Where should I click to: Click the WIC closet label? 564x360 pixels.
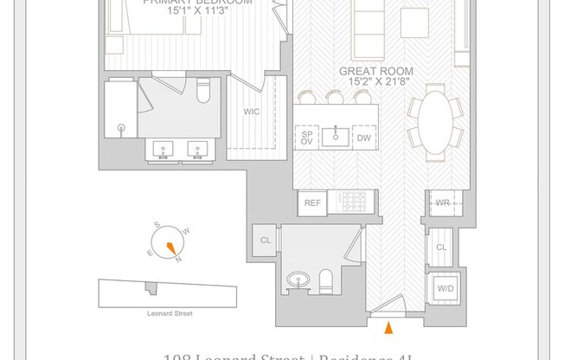(252, 112)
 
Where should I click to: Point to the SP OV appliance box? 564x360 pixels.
(306, 138)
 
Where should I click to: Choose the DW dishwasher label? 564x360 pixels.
(364, 138)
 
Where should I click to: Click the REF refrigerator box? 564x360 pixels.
(311, 204)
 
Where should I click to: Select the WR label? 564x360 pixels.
(442, 203)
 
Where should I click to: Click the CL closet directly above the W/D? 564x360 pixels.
(442, 247)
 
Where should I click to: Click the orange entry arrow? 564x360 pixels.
(388, 327)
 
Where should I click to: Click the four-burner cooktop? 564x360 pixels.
(352, 203)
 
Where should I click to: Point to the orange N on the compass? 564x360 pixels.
(179, 258)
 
